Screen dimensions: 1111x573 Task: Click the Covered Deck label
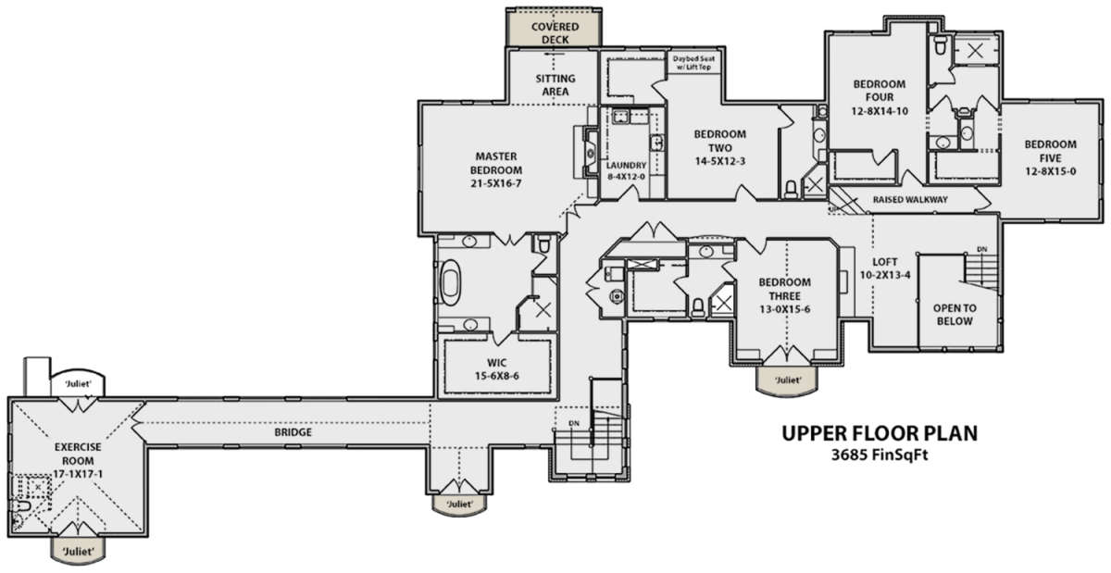point(555,32)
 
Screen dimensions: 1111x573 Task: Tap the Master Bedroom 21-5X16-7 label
point(496,170)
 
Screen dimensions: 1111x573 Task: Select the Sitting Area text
point(555,85)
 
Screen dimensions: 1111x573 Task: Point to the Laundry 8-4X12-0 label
point(627,170)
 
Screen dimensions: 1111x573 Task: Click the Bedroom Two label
point(719,147)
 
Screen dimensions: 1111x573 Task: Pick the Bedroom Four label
point(880,97)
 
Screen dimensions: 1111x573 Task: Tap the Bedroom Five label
point(1051,157)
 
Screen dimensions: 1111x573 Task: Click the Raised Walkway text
point(910,199)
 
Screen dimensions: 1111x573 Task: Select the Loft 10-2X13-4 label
point(885,268)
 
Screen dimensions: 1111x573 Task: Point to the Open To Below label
point(955,315)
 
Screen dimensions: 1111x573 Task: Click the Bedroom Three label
point(785,295)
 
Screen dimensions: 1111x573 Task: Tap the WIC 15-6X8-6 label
point(496,369)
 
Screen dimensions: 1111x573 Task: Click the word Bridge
point(293,432)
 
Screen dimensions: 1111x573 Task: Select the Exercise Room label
point(78,460)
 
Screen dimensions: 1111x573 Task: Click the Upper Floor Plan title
point(880,433)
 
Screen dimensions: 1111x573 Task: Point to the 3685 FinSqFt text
point(880,455)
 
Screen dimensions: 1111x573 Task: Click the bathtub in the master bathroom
point(450,282)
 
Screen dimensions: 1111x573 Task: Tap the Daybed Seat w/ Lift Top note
point(693,63)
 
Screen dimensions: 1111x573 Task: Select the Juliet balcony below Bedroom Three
point(787,381)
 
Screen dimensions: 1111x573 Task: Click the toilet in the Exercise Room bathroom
point(20,506)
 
